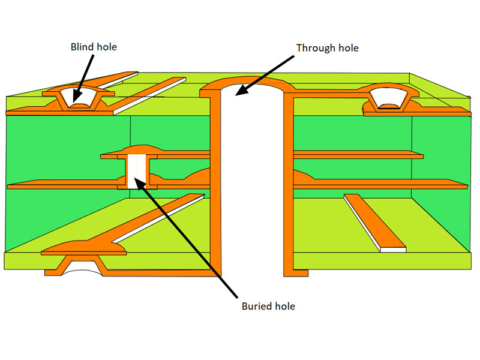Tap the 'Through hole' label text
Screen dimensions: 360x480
328,47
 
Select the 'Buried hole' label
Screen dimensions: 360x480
269,306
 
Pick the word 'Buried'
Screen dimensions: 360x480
254,306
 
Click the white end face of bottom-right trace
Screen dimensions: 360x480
393,248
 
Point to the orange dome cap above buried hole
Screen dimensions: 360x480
142,149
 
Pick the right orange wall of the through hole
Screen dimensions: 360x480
287,180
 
